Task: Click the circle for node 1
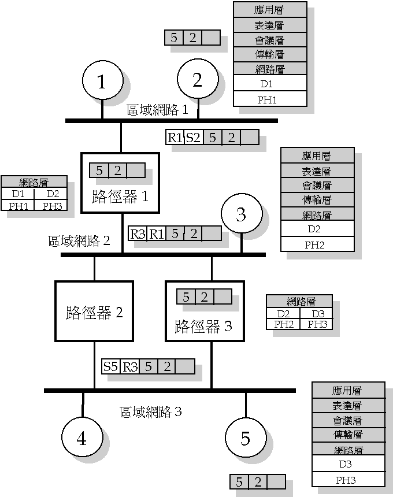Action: coord(102,82)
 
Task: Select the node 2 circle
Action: coord(197,80)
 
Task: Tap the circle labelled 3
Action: coord(241,214)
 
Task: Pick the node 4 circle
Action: coord(81,439)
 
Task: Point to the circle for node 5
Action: coord(245,439)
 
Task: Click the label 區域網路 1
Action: coord(158,110)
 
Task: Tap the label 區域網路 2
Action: coord(79,240)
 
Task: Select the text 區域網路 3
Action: coord(151,411)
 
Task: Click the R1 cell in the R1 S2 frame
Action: coord(175,138)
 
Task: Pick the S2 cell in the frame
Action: coord(192,138)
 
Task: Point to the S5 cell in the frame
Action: coord(110,366)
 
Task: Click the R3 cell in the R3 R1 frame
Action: coord(137,233)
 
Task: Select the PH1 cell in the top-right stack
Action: coord(269,99)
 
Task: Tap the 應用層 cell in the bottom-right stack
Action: coord(348,390)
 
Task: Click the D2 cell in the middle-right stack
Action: coord(317,229)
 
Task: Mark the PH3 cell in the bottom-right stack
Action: coord(348,480)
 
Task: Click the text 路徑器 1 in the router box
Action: coord(120,196)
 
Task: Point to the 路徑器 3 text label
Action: coord(203,327)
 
